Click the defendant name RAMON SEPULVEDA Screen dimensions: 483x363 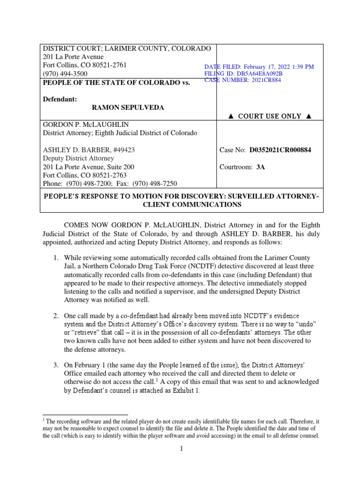pyautogui.click(x=128, y=108)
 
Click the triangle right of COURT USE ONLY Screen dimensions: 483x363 pyautogui.click(x=309, y=116)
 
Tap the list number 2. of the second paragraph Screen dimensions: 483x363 pyautogui.click(x=55, y=315)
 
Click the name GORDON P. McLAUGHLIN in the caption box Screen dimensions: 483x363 pyautogui.click(x=81, y=125)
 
